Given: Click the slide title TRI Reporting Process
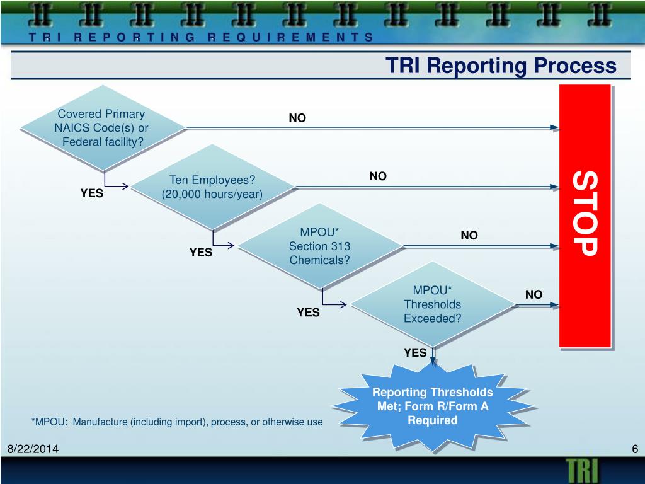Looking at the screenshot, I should click(501, 66).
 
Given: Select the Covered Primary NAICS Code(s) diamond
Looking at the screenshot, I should click(102, 128).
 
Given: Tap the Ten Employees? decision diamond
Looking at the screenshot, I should click(212, 187).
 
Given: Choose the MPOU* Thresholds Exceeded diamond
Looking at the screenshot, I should click(432, 304).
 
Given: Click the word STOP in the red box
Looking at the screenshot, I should click(585, 214).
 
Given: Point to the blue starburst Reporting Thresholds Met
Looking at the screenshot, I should click(432, 406).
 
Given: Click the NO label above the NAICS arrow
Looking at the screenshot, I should click(297, 118).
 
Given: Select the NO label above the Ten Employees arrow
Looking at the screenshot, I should click(378, 176).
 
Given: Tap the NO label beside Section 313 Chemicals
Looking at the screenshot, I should click(469, 236).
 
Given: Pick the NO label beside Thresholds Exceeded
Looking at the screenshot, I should click(534, 294).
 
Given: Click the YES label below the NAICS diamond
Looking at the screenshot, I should click(91, 193).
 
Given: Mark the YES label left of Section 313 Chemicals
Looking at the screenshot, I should click(201, 253).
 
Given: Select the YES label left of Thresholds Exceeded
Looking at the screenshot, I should click(308, 312).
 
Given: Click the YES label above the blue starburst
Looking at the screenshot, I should click(415, 353).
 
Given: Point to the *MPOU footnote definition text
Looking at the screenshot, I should click(177, 422).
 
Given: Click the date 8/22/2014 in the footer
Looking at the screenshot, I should click(33, 449).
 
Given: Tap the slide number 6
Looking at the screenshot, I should click(635, 449).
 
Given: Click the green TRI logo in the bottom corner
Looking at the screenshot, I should click(583, 470).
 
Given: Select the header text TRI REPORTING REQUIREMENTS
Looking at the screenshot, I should click(201, 37).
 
